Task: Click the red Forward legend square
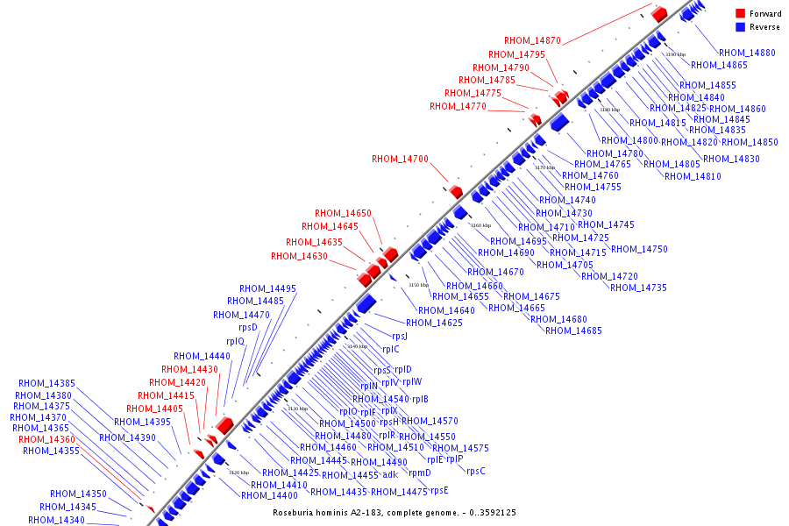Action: pos(740,13)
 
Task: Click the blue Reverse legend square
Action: pos(740,27)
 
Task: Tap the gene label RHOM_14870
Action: pos(532,40)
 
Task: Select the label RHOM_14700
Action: pos(400,159)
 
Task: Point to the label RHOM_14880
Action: pos(747,53)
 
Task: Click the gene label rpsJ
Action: pos(400,336)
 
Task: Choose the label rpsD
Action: pos(248,328)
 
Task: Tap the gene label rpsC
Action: pos(476,471)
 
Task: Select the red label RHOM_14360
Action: pos(47,439)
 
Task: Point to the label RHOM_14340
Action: pos(56,520)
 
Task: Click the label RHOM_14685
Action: pos(573,331)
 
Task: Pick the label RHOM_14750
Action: pos(639,249)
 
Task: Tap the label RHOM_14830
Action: pos(731,159)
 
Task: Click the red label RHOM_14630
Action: pos(299,256)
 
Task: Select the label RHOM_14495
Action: pos(267,288)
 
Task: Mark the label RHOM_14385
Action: pos(47,383)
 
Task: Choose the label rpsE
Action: pos(440,490)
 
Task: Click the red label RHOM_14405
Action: pos(154,409)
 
